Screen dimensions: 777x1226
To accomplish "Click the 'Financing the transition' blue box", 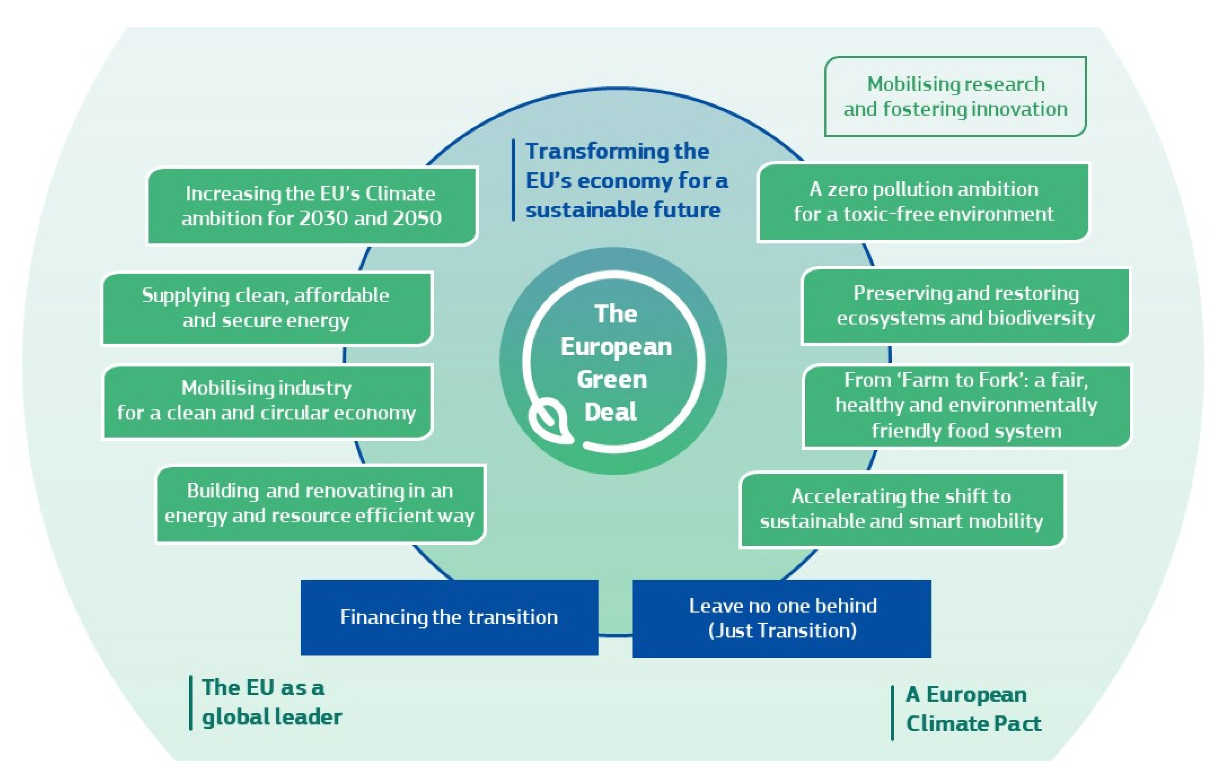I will (449, 617).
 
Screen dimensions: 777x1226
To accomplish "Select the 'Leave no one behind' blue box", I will (781, 618).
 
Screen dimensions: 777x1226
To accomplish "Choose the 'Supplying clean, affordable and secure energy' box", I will (267, 308).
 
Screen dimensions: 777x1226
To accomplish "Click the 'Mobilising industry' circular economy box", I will (267, 401).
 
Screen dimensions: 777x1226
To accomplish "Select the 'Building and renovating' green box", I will (320, 503).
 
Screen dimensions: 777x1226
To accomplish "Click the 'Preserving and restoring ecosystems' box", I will (965, 306).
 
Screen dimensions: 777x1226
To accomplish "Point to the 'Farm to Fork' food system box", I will (966, 406).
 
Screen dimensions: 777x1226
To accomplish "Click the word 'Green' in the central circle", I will (612, 380).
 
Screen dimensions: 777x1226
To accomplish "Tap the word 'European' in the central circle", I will (616, 347).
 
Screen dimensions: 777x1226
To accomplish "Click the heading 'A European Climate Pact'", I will (973, 709).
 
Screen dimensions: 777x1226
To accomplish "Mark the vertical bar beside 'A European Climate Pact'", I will (892, 713).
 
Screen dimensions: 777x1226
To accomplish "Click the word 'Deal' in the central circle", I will (610, 412).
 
